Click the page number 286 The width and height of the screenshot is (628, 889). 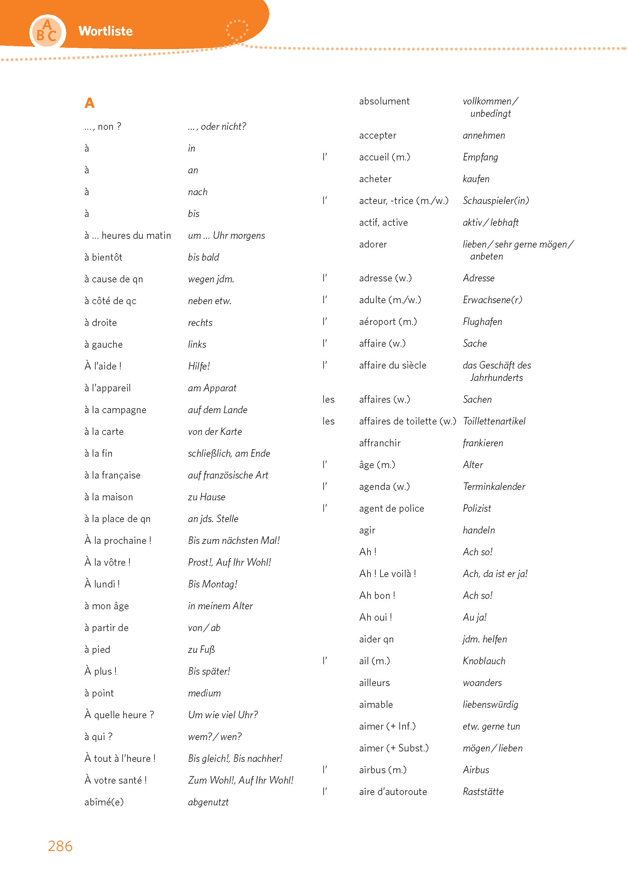(x=60, y=846)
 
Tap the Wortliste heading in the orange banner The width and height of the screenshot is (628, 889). (x=105, y=31)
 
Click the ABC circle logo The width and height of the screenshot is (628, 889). (x=47, y=32)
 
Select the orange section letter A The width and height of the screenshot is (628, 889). (x=89, y=103)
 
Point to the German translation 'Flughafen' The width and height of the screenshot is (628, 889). (x=482, y=322)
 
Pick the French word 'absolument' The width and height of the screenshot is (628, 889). (x=384, y=101)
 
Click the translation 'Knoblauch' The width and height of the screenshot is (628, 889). (x=484, y=661)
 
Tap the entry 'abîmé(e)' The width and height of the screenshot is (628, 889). (x=104, y=802)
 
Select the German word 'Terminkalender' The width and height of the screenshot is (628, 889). (x=494, y=487)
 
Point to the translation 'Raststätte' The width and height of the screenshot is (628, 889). (x=483, y=792)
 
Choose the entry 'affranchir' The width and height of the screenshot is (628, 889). (x=380, y=443)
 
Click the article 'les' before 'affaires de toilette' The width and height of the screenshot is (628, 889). (x=328, y=421)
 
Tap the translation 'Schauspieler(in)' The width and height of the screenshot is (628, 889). (x=496, y=201)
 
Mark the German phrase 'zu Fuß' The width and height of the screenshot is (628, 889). (x=201, y=650)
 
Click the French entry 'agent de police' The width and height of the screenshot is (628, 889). (x=392, y=508)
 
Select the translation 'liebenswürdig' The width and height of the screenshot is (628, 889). (x=490, y=705)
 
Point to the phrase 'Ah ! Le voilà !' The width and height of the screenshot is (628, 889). (x=388, y=574)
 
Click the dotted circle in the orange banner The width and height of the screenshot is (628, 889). (x=237, y=30)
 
